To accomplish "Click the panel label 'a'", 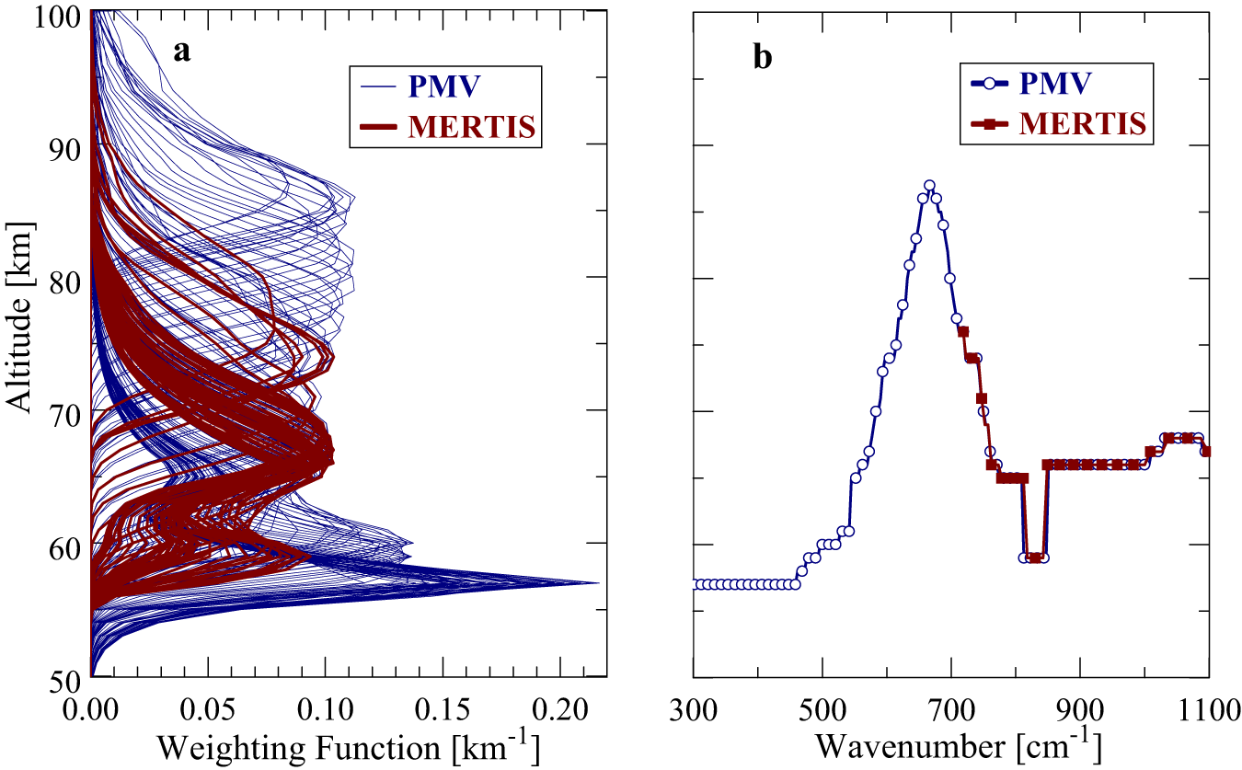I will [x=183, y=52].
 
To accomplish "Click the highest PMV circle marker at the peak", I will [x=929, y=185].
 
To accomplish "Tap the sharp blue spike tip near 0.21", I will [x=599, y=582].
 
